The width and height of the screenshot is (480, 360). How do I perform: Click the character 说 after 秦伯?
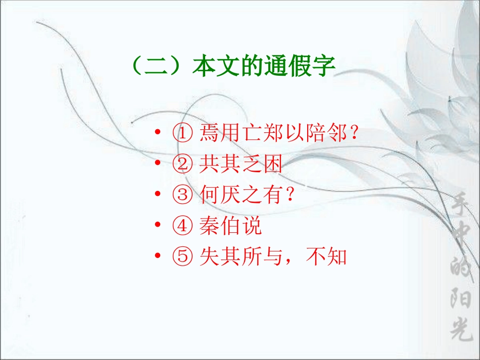click(x=253, y=226)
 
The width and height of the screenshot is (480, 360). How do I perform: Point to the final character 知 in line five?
click(x=337, y=257)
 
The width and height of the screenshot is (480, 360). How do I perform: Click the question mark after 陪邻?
click(x=354, y=134)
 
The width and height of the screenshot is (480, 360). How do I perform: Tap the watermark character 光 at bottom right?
click(x=460, y=331)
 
